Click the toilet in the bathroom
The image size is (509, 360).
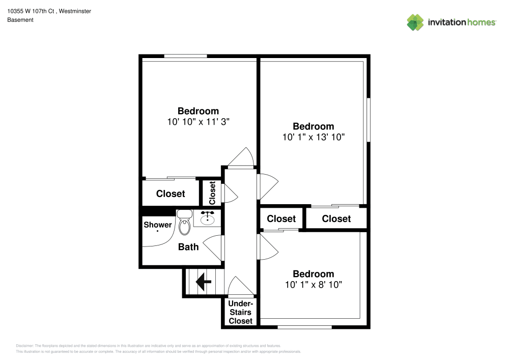click(184, 224)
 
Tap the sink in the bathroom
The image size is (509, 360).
click(207, 218)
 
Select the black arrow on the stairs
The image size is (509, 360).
click(204, 281)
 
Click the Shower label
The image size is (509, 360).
click(158, 225)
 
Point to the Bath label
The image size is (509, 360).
click(188, 247)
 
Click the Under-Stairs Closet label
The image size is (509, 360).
click(240, 312)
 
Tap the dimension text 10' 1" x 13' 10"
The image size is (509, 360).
click(314, 137)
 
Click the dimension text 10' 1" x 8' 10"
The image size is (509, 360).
click(314, 285)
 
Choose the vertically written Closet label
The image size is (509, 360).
click(212, 192)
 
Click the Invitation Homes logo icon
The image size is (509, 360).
click(415, 22)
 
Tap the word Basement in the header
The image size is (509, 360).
click(20, 20)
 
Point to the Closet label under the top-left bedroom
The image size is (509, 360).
click(171, 193)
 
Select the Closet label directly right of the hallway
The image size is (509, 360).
click(281, 218)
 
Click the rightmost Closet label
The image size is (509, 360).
click(336, 218)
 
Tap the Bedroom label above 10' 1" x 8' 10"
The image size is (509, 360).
click(314, 274)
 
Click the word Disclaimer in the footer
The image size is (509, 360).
click(24, 345)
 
